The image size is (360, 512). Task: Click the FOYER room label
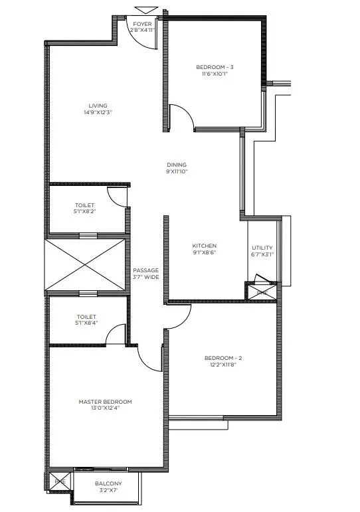tap(143, 23)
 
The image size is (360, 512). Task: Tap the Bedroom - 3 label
tap(213, 67)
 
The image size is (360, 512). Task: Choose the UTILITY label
tap(262, 247)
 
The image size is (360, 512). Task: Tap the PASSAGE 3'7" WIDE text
tap(145, 270)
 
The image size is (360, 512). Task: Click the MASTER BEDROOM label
tap(105, 402)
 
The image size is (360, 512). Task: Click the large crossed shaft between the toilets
tap(85, 266)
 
